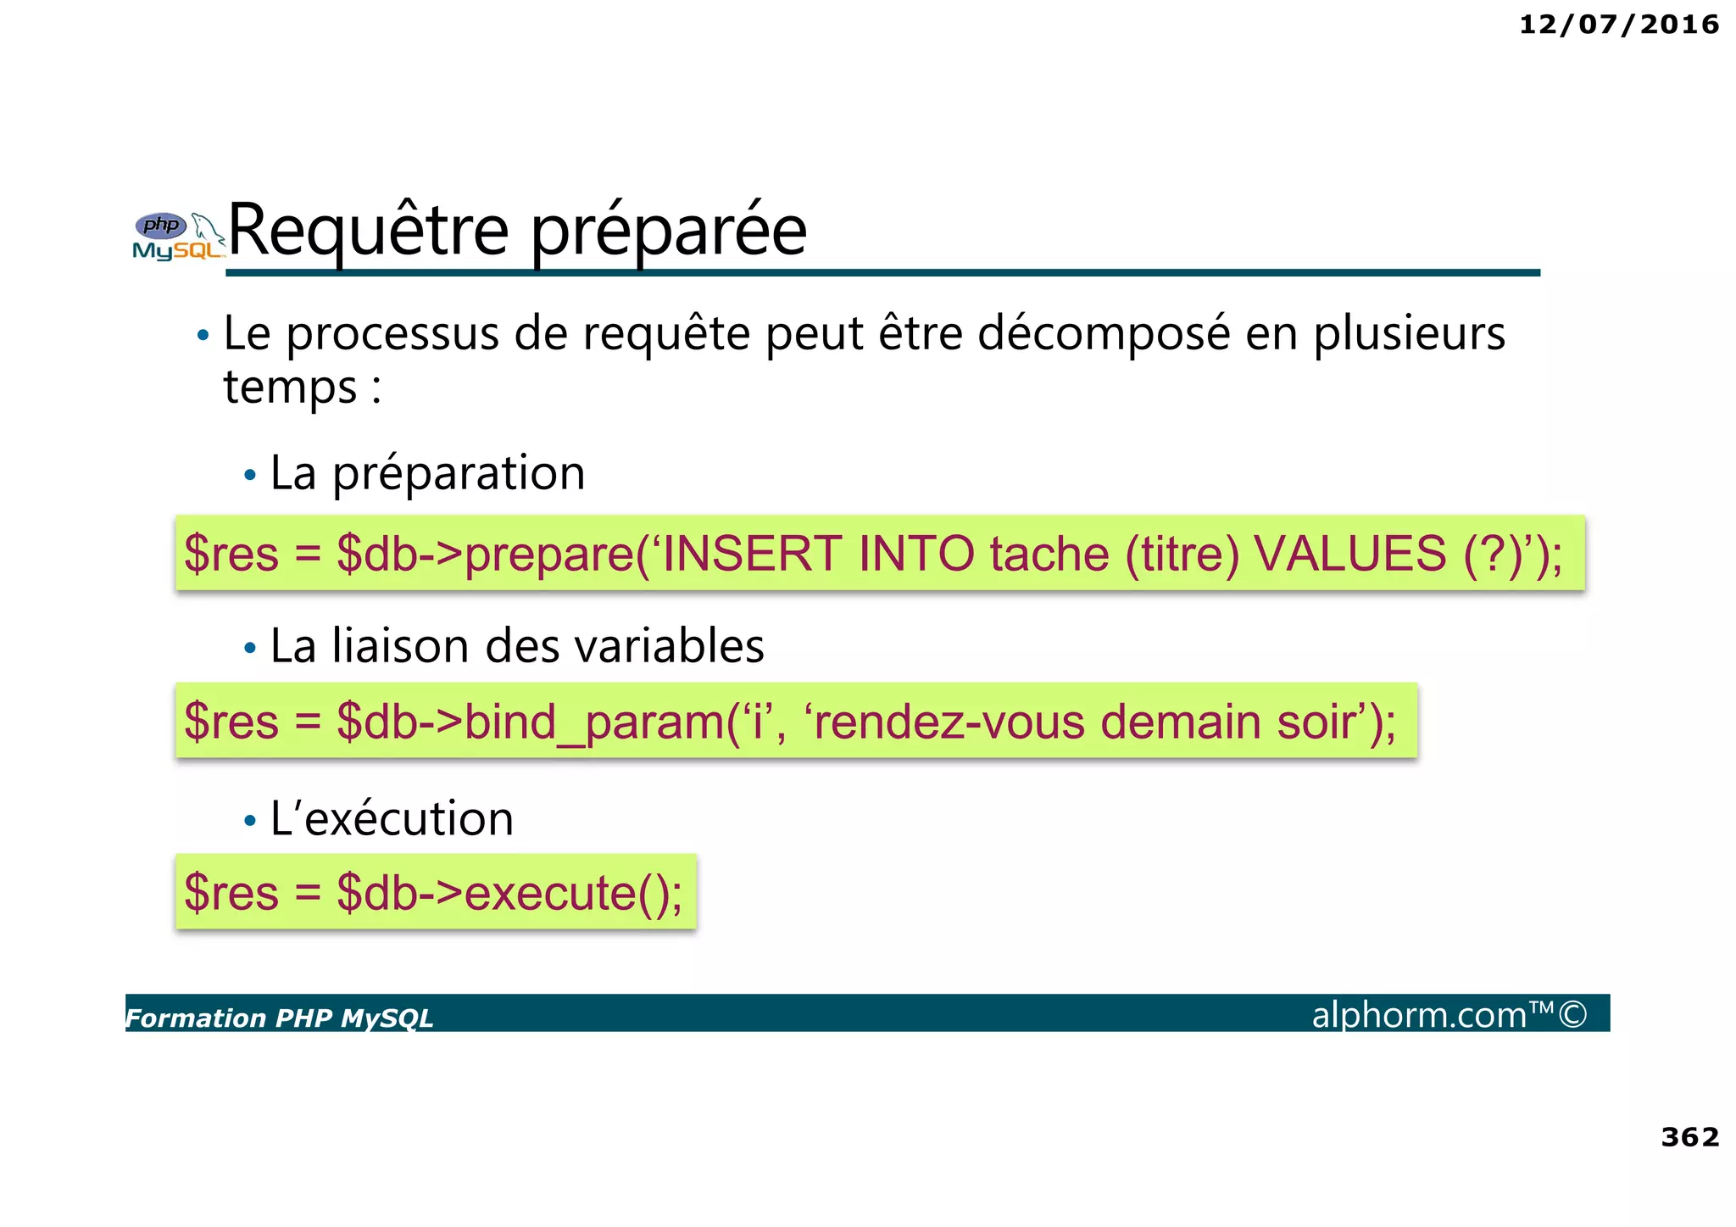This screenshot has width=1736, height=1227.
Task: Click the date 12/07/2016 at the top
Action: (1618, 25)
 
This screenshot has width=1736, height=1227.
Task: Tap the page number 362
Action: (1689, 1136)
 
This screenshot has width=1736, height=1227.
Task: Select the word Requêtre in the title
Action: (369, 230)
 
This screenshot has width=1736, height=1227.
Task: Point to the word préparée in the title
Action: (669, 231)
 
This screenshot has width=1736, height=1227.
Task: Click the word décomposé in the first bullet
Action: (1104, 333)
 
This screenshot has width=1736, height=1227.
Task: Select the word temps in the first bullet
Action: (290, 388)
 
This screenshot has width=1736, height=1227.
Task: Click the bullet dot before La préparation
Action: (249, 475)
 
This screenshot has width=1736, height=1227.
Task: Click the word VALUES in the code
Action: (1350, 554)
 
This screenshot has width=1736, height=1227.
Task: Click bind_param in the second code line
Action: (594, 722)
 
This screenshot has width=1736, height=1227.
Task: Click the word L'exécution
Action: (392, 819)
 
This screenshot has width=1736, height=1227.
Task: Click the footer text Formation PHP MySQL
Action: (280, 1018)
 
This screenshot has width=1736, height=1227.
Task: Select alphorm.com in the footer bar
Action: (1419, 1014)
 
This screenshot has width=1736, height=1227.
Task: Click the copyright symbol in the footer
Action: (1572, 1014)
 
